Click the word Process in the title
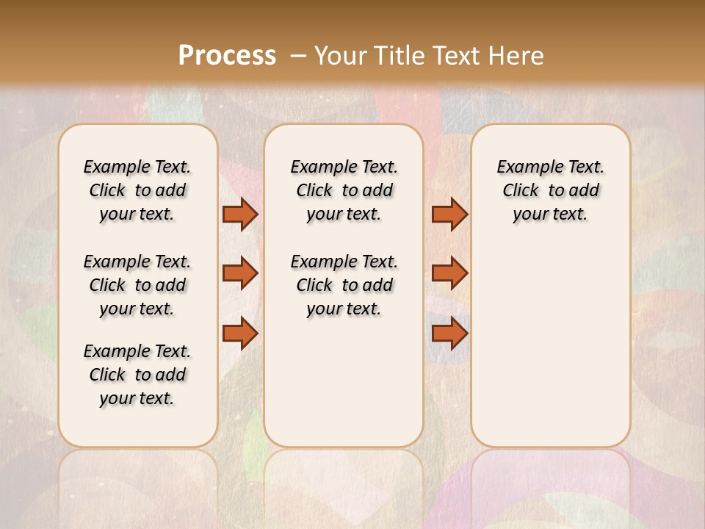pyautogui.click(x=227, y=55)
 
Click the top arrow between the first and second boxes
pyautogui.click(x=240, y=214)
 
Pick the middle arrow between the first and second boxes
pyautogui.click(x=240, y=273)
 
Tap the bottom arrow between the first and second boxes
pyautogui.click(x=240, y=334)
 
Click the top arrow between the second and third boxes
pyautogui.click(x=449, y=214)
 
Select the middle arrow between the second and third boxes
pyautogui.click(x=449, y=273)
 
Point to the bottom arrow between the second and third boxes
pyautogui.click(x=449, y=334)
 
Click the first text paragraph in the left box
pyautogui.click(x=137, y=190)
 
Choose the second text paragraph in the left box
pyautogui.click(x=137, y=285)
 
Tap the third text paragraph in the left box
pyautogui.click(x=137, y=375)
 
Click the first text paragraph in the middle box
pyautogui.click(x=344, y=190)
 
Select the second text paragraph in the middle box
pyautogui.click(x=344, y=285)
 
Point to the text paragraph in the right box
pyautogui.click(x=551, y=190)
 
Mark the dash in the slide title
pyautogui.click(x=298, y=55)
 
